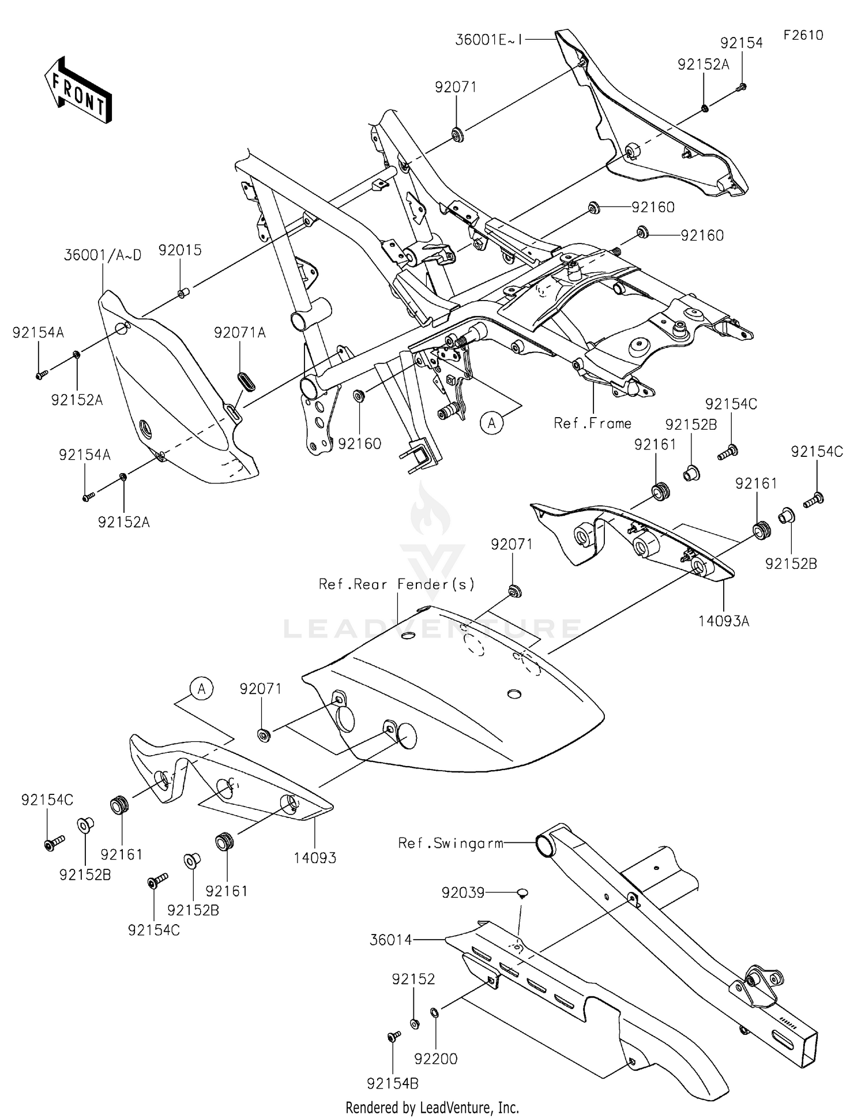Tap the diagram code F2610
click(x=803, y=35)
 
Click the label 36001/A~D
click(x=103, y=256)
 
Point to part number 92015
click(x=180, y=250)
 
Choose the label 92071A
click(x=240, y=333)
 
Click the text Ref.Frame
click(x=592, y=423)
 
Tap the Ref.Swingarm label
click(x=450, y=843)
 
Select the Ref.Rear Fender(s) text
click(x=397, y=584)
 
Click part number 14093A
click(x=724, y=621)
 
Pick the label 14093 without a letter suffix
click(x=315, y=858)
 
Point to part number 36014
click(x=390, y=940)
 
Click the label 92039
click(x=462, y=893)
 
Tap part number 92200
click(x=436, y=1059)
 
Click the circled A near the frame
click(x=491, y=423)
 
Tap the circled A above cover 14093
click(x=201, y=689)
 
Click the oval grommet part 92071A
click(x=247, y=381)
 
